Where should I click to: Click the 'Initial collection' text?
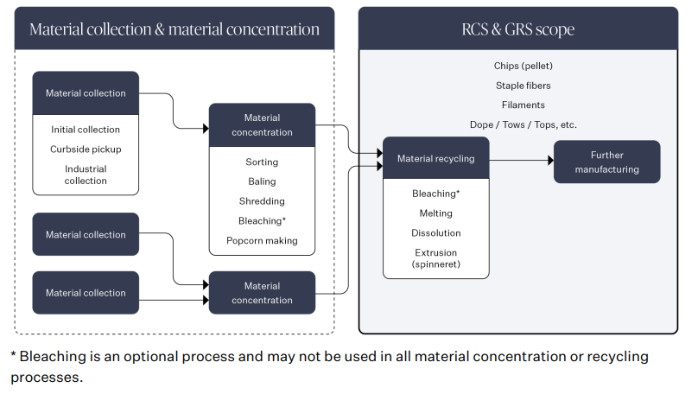point(86,130)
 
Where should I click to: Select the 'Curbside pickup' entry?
point(86,149)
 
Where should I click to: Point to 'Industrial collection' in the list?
point(86,175)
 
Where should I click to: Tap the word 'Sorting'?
point(262,162)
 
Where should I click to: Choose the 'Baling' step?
point(262,181)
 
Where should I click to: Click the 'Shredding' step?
point(262,201)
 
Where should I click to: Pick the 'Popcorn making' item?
point(262,241)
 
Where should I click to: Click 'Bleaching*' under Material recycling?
point(435,194)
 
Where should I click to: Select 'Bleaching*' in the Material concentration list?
point(262,221)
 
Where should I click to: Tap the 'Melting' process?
point(435,213)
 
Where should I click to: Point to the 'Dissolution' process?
point(435,233)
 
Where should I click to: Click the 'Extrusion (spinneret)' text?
point(435,258)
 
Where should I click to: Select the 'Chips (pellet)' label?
point(523,66)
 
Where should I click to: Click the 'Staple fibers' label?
point(523,86)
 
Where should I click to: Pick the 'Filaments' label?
point(523,105)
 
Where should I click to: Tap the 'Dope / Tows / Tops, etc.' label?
point(523,124)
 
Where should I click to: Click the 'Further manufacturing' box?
point(607,162)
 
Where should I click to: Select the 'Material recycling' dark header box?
point(435,159)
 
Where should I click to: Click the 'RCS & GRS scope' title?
point(517,29)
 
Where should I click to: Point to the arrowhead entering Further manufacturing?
point(550,160)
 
